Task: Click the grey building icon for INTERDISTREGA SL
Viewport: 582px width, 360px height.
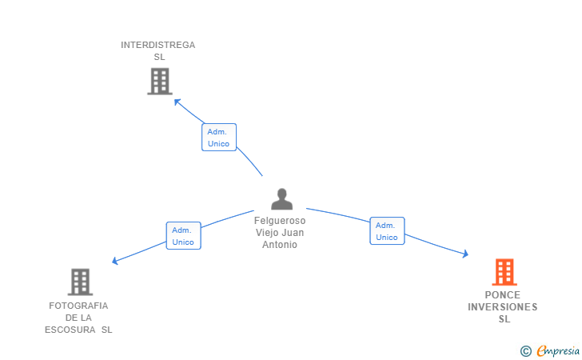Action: (160, 81)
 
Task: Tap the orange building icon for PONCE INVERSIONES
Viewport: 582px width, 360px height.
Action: (504, 272)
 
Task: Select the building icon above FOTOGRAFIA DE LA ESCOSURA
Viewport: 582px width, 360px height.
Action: (80, 282)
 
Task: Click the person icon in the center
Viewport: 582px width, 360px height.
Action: (281, 198)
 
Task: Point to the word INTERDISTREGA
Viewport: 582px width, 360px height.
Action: (157, 45)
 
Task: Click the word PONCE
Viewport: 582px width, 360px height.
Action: (502, 295)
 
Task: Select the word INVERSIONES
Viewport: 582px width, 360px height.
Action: (502, 307)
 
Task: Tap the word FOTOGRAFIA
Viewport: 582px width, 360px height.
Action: (78, 306)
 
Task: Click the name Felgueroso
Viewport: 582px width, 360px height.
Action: (280, 221)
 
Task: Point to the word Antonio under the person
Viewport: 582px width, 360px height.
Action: (280, 245)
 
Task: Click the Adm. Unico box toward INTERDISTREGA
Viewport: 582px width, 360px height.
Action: (218, 138)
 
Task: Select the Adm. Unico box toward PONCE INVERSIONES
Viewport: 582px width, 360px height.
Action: (387, 231)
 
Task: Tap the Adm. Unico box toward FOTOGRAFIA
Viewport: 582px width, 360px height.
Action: (183, 236)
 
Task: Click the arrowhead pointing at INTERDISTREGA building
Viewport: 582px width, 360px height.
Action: (177, 102)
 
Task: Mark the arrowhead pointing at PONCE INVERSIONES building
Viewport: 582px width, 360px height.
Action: (464, 254)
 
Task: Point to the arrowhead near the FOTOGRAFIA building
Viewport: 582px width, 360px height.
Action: (116, 261)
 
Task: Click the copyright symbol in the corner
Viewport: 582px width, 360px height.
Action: (525, 350)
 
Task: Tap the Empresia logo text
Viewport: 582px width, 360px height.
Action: (558, 350)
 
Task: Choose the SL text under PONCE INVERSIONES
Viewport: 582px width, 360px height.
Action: (504, 319)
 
